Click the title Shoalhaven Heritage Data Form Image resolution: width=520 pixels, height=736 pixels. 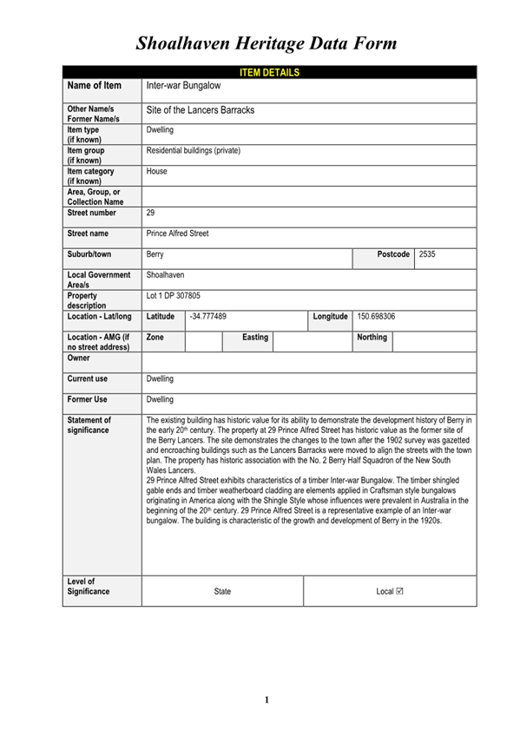267,43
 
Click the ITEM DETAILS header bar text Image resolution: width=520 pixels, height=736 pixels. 269,72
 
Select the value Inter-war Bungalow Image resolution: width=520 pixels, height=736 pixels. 183,87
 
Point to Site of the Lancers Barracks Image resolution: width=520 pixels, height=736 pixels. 201,111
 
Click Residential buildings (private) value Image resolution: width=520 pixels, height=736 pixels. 194,151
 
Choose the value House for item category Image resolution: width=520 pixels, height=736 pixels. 157,172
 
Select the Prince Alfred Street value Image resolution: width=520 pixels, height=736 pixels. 178,233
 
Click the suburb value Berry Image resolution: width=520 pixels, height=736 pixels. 155,255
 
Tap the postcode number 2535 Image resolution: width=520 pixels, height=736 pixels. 427,254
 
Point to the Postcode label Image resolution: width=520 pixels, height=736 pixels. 393,254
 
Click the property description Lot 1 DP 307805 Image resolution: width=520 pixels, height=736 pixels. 174,296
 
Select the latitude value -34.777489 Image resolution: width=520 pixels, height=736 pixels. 208,317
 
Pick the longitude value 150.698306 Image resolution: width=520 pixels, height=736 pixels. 377,317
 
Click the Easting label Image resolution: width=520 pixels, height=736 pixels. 255,337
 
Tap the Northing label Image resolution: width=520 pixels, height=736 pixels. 372,337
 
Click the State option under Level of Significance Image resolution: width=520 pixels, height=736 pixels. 222,591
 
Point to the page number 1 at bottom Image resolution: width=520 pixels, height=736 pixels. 267,700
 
